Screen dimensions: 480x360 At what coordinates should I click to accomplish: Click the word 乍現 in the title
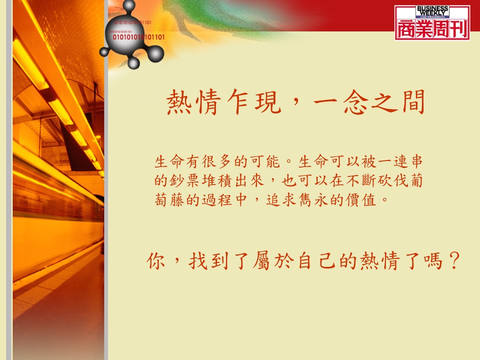click(254, 101)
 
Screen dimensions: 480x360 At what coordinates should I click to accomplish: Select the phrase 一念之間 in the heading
click(369, 102)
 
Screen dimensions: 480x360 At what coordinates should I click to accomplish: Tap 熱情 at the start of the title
click(193, 102)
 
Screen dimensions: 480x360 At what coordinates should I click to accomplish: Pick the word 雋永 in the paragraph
click(313, 200)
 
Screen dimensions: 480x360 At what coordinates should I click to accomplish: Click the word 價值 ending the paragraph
click(360, 200)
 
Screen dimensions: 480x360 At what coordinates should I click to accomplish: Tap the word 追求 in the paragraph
click(280, 200)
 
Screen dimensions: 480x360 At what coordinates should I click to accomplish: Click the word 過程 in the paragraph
click(216, 200)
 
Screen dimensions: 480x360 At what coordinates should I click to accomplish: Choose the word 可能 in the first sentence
click(265, 161)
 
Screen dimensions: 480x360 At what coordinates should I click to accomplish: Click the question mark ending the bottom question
click(454, 260)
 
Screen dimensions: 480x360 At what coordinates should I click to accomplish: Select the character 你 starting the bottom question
click(156, 261)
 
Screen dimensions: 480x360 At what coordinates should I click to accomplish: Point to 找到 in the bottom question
click(209, 261)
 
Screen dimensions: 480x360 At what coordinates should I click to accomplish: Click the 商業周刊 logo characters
click(432, 29)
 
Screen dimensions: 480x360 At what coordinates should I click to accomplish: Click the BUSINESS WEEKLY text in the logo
click(432, 10)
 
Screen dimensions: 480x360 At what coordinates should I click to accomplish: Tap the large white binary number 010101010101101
click(138, 37)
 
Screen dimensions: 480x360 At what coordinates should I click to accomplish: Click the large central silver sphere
click(124, 36)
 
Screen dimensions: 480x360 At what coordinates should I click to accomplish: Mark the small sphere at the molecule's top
click(129, 5)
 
